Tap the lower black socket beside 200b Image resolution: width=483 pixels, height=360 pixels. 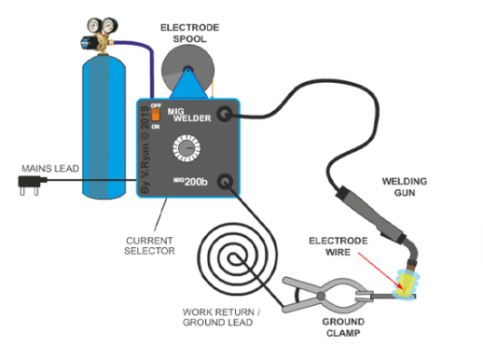point(224,180)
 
